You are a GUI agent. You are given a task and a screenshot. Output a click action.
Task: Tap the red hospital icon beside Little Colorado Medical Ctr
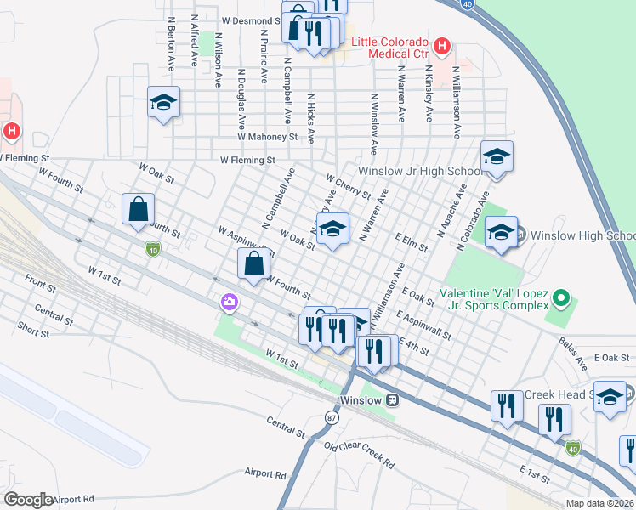(x=441, y=46)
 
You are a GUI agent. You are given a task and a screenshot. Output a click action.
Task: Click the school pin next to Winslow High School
(x=502, y=232)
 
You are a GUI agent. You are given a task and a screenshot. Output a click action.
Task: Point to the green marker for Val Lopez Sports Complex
(x=559, y=298)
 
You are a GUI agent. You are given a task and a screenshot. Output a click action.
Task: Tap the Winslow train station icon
(x=392, y=399)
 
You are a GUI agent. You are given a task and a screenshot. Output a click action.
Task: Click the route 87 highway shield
(x=331, y=417)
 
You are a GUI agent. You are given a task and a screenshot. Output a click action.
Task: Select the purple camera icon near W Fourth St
(x=229, y=302)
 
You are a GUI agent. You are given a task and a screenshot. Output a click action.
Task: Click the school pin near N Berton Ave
(x=163, y=103)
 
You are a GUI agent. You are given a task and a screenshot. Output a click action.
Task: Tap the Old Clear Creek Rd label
(x=359, y=456)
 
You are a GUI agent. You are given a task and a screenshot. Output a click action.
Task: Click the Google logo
(x=27, y=500)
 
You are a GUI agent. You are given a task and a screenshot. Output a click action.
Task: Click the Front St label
(x=40, y=281)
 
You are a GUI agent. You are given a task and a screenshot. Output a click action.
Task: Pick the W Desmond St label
(x=251, y=20)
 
